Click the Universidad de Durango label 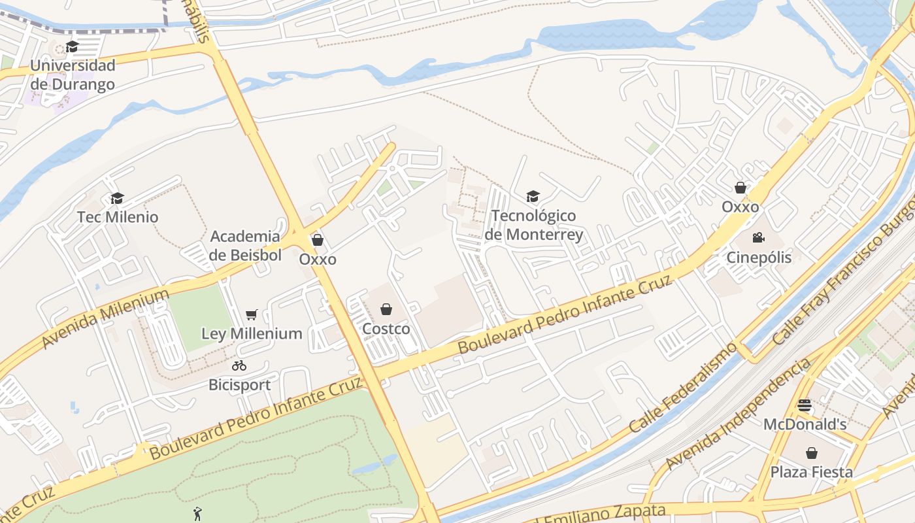pyautogui.click(x=73, y=75)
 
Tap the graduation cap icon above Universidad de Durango pyautogui.click(x=72, y=47)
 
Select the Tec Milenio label pyautogui.click(x=118, y=216)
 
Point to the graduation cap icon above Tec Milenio pyautogui.click(x=118, y=198)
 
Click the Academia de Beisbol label pyautogui.click(x=246, y=245)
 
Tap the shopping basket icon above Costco pyautogui.click(x=386, y=309)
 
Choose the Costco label pyautogui.click(x=386, y=328)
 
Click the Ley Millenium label pyautogui.click(x=252, y=333)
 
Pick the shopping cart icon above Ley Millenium pyautogui.click(x=252, y=315)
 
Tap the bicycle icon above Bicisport pyautogui.click(x=239, y=366)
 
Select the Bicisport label pyautogui.click(x=239, y=384)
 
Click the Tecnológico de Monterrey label pyautogui.click(x=534, y=224)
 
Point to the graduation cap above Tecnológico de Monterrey pyautogui.click(x=533, y=197)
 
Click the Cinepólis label pyautogui.click(x=759, y=257)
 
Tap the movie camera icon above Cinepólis pyautogui.click(x=758, y=238)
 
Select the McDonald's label pyautogui.click(x=805, y=424)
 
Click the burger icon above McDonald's pyautogui.click(x=805, y=405)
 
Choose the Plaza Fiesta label pyautogui.click(x=811, y=471)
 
